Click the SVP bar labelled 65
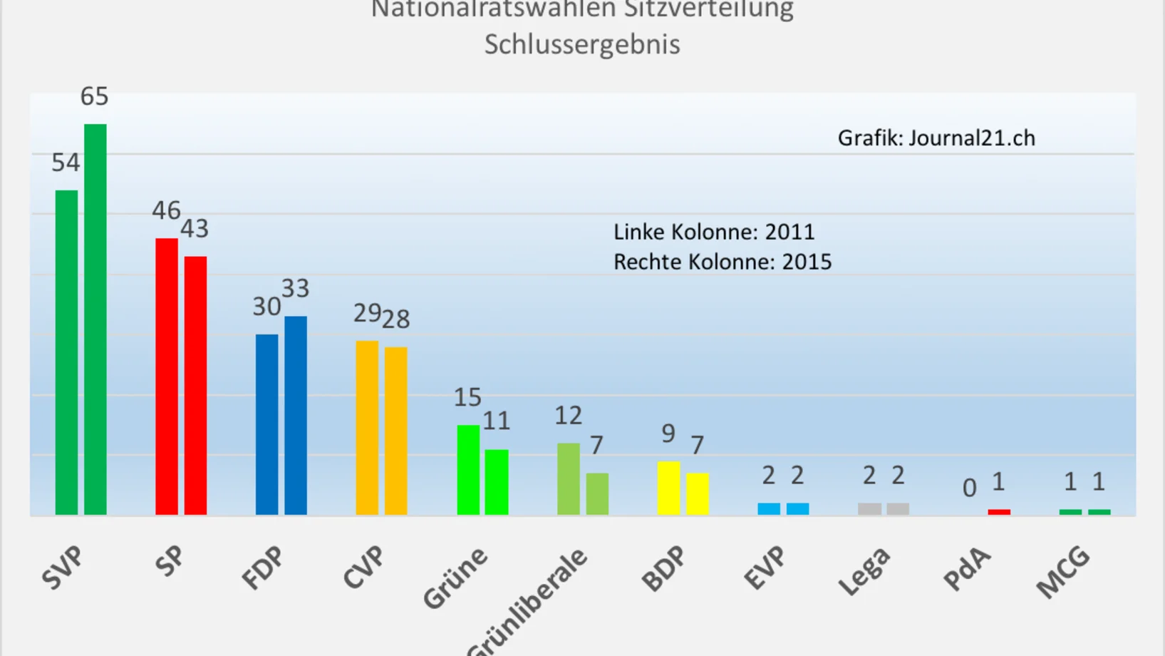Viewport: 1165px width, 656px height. click(x=95, y=319)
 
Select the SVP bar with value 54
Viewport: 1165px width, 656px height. click(x=66, y=352)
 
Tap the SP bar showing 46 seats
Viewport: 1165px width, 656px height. click(x=167, y=376)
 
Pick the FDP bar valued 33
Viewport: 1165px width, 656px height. click(x=296, y=415)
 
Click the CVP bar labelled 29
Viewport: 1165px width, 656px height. click(x=367, y=427)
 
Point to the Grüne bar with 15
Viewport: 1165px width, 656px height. click(x=468, y=469)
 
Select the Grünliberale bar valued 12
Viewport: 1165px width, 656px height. click(x=569, y=478)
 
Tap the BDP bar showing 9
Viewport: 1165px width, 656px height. click(x=668, y=488)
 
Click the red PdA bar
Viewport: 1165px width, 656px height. click(x=999, y=512)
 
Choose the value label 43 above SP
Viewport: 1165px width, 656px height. click(x=195, y=229)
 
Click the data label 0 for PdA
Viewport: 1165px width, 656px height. click(x=969, y=488)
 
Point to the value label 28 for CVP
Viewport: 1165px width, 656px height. click(x=396, y=319)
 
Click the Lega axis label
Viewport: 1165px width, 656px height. click(x=864, y=571)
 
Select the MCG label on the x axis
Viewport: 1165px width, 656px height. click(x=1063, y=571)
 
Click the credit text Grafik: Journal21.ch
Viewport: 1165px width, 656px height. click(x=936, y=138)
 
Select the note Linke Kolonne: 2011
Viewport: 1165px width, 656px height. click(x=714, y=232)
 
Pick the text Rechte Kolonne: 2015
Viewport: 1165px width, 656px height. click(x=723, y=262)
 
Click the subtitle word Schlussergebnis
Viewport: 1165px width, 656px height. click(x=582, y=44)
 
